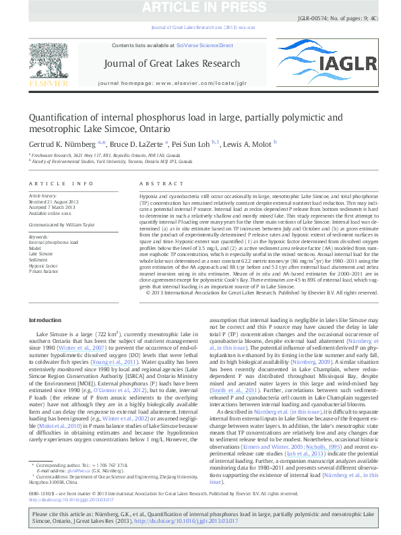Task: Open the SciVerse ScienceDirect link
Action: point(204,45)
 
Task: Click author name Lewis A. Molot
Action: point(248,143)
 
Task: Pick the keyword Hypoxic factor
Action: point(44,266)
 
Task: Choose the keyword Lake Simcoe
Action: point(42,254)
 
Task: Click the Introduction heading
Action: point(51,319)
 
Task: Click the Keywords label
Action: point(40,237)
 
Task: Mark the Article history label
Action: point(45,195)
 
